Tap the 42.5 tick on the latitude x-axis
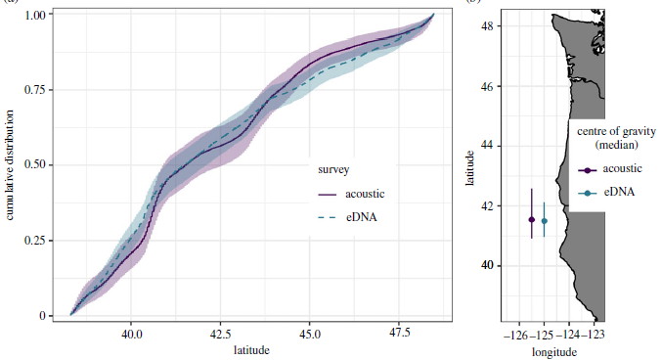point(220,334)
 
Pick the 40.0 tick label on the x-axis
point(132,334)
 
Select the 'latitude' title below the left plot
point(252,348)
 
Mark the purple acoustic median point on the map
point(531,220)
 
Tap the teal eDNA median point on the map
point(545,221)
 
